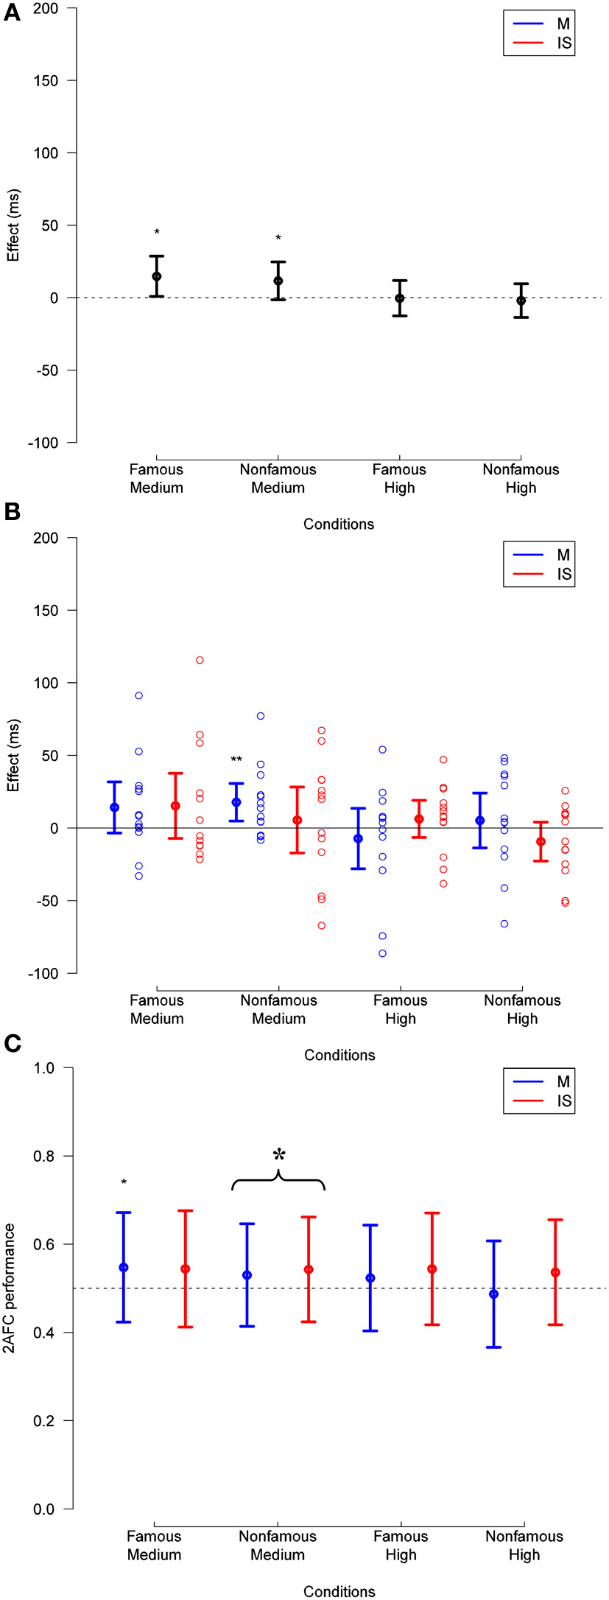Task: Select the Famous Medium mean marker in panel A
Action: point(157,276)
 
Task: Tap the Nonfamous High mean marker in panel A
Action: point(521,301)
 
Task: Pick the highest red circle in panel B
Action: point(200,660)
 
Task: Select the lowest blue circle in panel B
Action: point(383,953)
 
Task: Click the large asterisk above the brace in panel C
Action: point(278,1155)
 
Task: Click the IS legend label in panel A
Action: point(563,43)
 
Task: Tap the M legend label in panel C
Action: point(563,1081)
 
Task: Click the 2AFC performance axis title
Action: point(11,1287)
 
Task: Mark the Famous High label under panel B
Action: point(400,1009)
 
